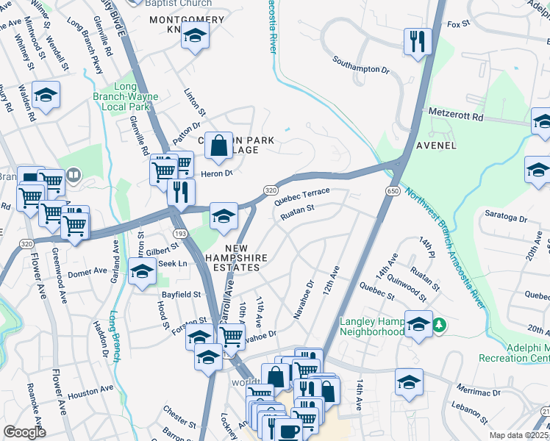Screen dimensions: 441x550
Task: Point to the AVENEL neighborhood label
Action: [436, 146]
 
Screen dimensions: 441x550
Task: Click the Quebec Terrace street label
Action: [301, 195]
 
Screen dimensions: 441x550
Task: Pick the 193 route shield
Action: [181, 233]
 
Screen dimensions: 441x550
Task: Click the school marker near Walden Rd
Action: [46, 96]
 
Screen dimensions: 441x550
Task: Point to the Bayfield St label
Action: [181, 295]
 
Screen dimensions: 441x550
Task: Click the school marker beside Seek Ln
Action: [142, 271]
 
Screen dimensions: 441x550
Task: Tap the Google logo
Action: [24, 432]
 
